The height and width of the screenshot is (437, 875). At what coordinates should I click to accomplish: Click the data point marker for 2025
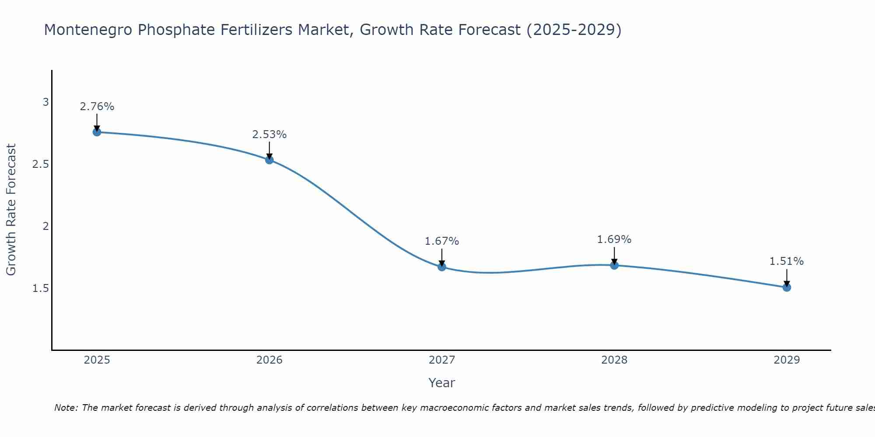pos(97,132)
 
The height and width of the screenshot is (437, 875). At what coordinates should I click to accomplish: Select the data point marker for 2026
pos(269,160)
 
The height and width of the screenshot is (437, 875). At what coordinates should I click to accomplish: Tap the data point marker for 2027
pos(442,267)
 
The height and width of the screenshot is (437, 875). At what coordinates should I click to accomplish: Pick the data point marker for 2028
pos(614,265)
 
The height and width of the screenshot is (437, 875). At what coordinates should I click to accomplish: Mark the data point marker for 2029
pos(787,287)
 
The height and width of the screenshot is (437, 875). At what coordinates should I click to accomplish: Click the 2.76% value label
pos(97,107)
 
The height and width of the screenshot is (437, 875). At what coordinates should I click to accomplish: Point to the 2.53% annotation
pos(269,135)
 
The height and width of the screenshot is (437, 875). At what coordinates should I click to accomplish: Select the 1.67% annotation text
pos(442,241)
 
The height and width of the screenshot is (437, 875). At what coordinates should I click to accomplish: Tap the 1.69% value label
pos(614,239)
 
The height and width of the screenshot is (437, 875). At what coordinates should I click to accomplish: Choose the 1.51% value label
pos(787,261)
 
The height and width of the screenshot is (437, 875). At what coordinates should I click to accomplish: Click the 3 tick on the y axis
pos(45,102)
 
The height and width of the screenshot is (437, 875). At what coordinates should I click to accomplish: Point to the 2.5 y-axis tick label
pos(40,164)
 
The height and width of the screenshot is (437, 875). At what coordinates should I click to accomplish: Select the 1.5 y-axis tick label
pos(40,288)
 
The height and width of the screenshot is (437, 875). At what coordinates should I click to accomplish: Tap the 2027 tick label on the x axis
pos(442,360)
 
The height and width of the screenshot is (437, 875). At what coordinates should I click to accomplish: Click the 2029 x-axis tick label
pos(787,360)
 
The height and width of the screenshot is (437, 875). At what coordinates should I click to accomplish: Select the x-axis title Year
pos(442,383)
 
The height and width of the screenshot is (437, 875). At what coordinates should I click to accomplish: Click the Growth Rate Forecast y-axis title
pos(11,210)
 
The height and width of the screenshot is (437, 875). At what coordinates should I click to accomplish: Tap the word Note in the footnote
pos(66,408)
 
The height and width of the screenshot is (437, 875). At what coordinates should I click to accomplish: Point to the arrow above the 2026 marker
pos(269,150)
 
